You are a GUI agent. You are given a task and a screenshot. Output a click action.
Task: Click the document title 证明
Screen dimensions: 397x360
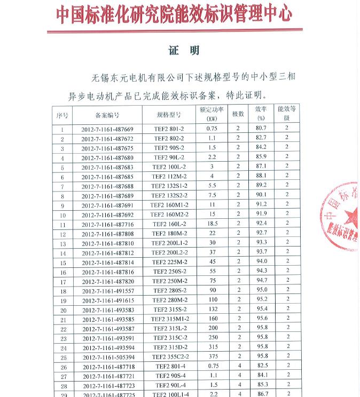click(184, 51)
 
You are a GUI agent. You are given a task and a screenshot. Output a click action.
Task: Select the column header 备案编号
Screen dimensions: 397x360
click(107, 115)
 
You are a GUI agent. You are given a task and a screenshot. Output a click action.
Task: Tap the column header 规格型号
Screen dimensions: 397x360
click(169, 115)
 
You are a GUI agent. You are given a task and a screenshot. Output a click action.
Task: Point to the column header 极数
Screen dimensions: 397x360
click(238, 114)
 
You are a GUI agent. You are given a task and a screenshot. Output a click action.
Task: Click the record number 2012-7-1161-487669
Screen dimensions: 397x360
click(107, 129)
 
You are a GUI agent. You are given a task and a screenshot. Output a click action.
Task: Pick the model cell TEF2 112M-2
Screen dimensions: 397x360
click(169, 177)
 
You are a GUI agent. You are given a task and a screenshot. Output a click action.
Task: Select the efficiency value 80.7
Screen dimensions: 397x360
click(261, 129)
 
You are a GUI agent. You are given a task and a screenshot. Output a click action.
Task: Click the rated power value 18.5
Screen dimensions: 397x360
click(212, 224)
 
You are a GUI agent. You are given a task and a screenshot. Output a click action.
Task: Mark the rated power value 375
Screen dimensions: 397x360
click(213, 356)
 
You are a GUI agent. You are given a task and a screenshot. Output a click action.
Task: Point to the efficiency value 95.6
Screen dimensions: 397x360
click(262, 319)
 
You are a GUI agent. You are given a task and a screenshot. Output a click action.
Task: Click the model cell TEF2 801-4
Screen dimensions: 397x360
click(170, 367)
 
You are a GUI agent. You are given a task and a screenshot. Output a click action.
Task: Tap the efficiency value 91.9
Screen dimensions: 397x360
click(261, 214)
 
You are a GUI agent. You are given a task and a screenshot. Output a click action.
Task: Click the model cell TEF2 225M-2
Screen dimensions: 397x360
click(169, 262)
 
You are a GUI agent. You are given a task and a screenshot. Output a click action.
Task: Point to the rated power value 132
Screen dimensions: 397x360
click(213, 309)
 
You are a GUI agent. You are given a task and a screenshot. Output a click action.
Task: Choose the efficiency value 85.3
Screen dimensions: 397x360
click(262, 385)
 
